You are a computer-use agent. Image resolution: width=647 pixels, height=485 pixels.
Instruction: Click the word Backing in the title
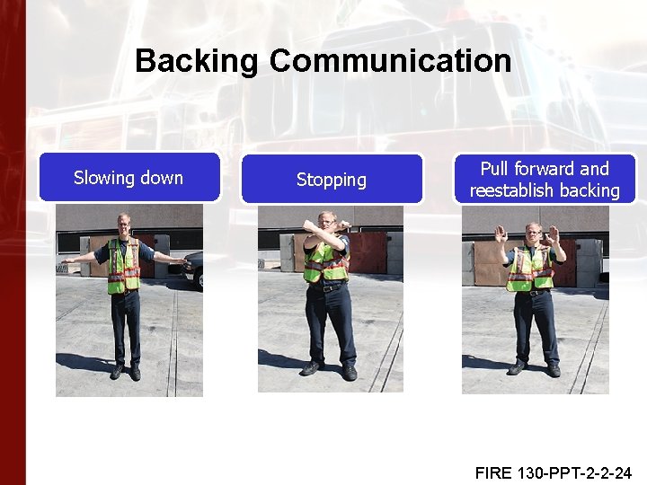pos(197,62)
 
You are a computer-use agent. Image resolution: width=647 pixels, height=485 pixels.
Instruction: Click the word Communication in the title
pos(390,62)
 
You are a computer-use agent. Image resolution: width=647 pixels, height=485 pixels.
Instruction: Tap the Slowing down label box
pos(129,177)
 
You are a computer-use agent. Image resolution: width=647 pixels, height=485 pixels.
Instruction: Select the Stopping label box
pos(332,180)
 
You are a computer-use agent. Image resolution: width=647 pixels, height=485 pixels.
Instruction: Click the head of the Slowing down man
pos(124,224)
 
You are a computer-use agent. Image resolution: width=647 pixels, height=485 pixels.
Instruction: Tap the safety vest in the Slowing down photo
pos(123,267)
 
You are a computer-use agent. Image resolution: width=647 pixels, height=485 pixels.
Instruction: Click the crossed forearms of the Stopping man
pos(324,231)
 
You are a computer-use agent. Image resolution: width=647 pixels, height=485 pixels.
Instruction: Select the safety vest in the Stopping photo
pos(324,263)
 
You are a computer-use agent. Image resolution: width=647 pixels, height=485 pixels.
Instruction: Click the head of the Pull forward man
pos(534,232)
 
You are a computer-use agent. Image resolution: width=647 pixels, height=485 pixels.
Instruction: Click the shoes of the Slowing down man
pos(125,371)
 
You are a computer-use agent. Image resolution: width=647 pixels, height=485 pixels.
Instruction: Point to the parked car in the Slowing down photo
pos(195,269)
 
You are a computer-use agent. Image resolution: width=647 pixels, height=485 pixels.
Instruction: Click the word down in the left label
pos(161,177)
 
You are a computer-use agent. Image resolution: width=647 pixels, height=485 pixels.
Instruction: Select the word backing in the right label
pos(590,190)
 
